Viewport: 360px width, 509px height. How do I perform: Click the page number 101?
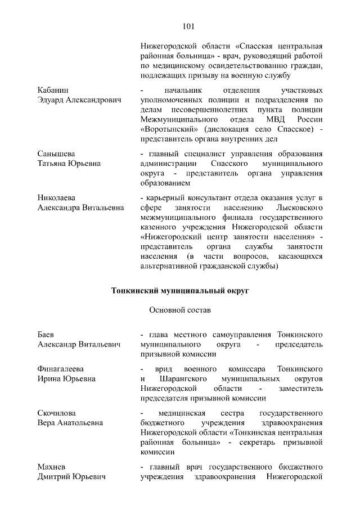coord(188,26)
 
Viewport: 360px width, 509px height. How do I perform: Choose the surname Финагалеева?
coord(60,369)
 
